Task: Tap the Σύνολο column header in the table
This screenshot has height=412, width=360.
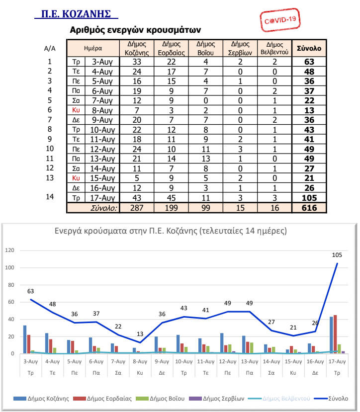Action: [309, 49]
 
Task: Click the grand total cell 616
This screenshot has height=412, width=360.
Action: [309, 208]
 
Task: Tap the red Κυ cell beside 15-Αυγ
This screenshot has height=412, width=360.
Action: [76, 178]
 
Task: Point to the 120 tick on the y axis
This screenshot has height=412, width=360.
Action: [9, 250]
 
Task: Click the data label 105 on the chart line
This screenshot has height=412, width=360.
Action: [337, 255]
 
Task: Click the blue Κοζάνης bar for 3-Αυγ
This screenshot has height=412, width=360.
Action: [24, 339]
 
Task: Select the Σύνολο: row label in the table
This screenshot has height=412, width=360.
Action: [103, 208]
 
